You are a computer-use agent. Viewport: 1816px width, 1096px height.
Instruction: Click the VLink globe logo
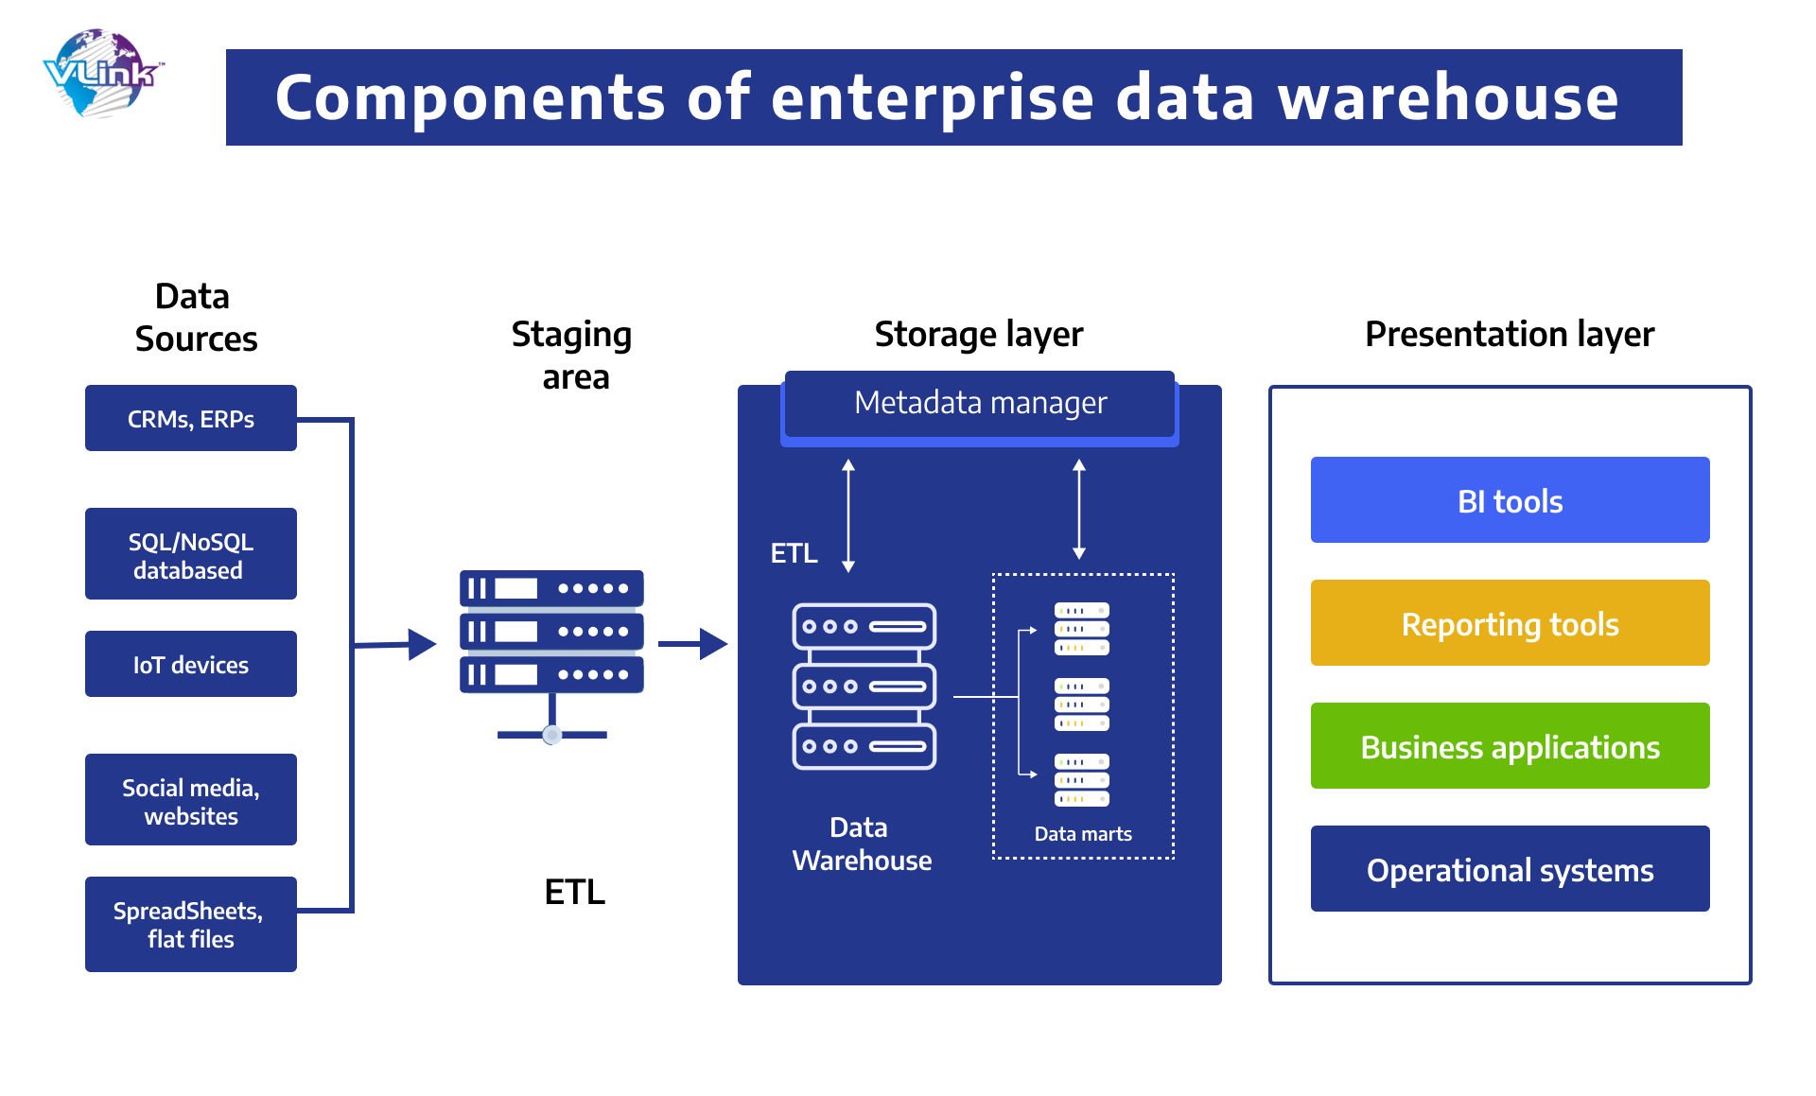102,74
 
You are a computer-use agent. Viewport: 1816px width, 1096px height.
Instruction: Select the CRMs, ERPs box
190,418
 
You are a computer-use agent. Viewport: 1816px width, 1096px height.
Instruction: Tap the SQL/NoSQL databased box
190,554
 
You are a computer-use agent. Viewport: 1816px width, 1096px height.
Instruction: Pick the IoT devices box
190,664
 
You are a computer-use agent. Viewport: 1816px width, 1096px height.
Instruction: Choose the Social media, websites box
190,800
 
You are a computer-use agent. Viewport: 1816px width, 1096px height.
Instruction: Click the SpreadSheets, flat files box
190,924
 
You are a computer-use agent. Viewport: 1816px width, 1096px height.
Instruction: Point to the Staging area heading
572,355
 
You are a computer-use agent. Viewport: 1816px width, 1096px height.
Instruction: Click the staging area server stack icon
551,632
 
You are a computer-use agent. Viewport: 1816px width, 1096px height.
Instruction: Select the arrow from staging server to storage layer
692,644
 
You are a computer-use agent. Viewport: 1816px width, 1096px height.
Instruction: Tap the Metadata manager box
980,404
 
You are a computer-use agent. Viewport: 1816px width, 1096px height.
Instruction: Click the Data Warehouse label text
861,844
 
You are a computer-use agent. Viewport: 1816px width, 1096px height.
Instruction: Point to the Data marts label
1083,834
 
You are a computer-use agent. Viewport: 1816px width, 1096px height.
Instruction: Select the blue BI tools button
1510,500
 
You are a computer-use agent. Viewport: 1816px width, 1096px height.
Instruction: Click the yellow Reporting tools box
1510,623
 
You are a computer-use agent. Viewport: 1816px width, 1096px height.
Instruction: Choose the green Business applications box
1510,746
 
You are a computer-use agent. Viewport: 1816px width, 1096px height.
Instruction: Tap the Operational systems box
1510,869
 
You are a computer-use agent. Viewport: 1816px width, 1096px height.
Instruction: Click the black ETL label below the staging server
574,892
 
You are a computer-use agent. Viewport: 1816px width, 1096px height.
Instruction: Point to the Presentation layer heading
1510,334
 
